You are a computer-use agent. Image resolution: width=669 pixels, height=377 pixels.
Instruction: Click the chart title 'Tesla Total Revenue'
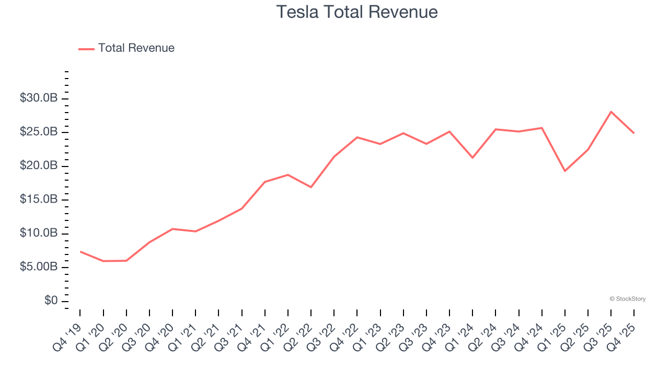(x=357, y=12)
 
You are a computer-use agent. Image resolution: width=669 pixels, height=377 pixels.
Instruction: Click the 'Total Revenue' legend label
(x=136, y=48)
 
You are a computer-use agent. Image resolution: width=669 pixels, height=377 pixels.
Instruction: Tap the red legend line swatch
(x=86, y=49)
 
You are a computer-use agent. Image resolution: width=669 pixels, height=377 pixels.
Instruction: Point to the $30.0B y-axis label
(x=39, y=98)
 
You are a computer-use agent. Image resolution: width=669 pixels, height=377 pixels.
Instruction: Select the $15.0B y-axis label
(x=39, y=199)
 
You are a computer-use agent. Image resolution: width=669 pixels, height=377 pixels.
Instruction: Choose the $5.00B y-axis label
(x=39, y=267)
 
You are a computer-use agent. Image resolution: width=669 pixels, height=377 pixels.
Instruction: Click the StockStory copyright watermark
(x=627, y=299)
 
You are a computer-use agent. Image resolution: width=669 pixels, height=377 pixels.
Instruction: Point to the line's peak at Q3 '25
(x=611, y=112)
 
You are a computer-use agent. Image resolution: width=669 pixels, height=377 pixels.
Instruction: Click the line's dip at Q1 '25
(x=565, y=171)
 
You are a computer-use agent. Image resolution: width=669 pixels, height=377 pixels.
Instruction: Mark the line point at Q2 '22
(x=311, y=187)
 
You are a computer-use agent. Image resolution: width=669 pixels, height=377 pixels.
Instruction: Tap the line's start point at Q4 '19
(x=80, y=251)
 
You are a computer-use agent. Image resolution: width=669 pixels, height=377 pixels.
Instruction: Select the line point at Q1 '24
(x=472, y=158)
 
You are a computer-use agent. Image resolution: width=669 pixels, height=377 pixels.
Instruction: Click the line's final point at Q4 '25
(x=634, y=133)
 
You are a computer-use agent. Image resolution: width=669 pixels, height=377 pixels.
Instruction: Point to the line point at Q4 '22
(x=357, y=137)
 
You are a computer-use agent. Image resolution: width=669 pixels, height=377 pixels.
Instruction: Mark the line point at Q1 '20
(x=103, y=261)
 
